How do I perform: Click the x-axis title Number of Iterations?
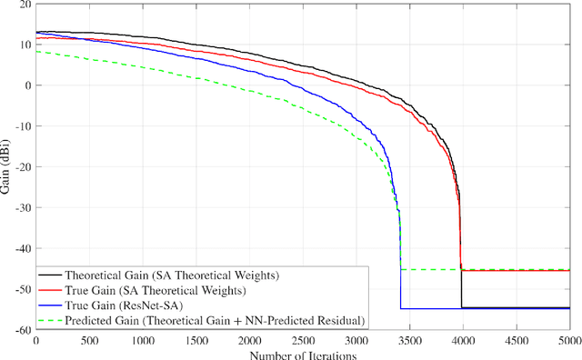tap(302, 354)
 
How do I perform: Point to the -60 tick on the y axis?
tap(22, 330)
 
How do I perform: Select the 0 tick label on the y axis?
tap(27, 86)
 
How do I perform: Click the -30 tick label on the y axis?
tap(22, 208)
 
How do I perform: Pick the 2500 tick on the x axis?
tap(302, 340)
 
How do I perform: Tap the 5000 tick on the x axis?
tap(568, 340)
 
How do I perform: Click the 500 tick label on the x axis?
tap(88, 340)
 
